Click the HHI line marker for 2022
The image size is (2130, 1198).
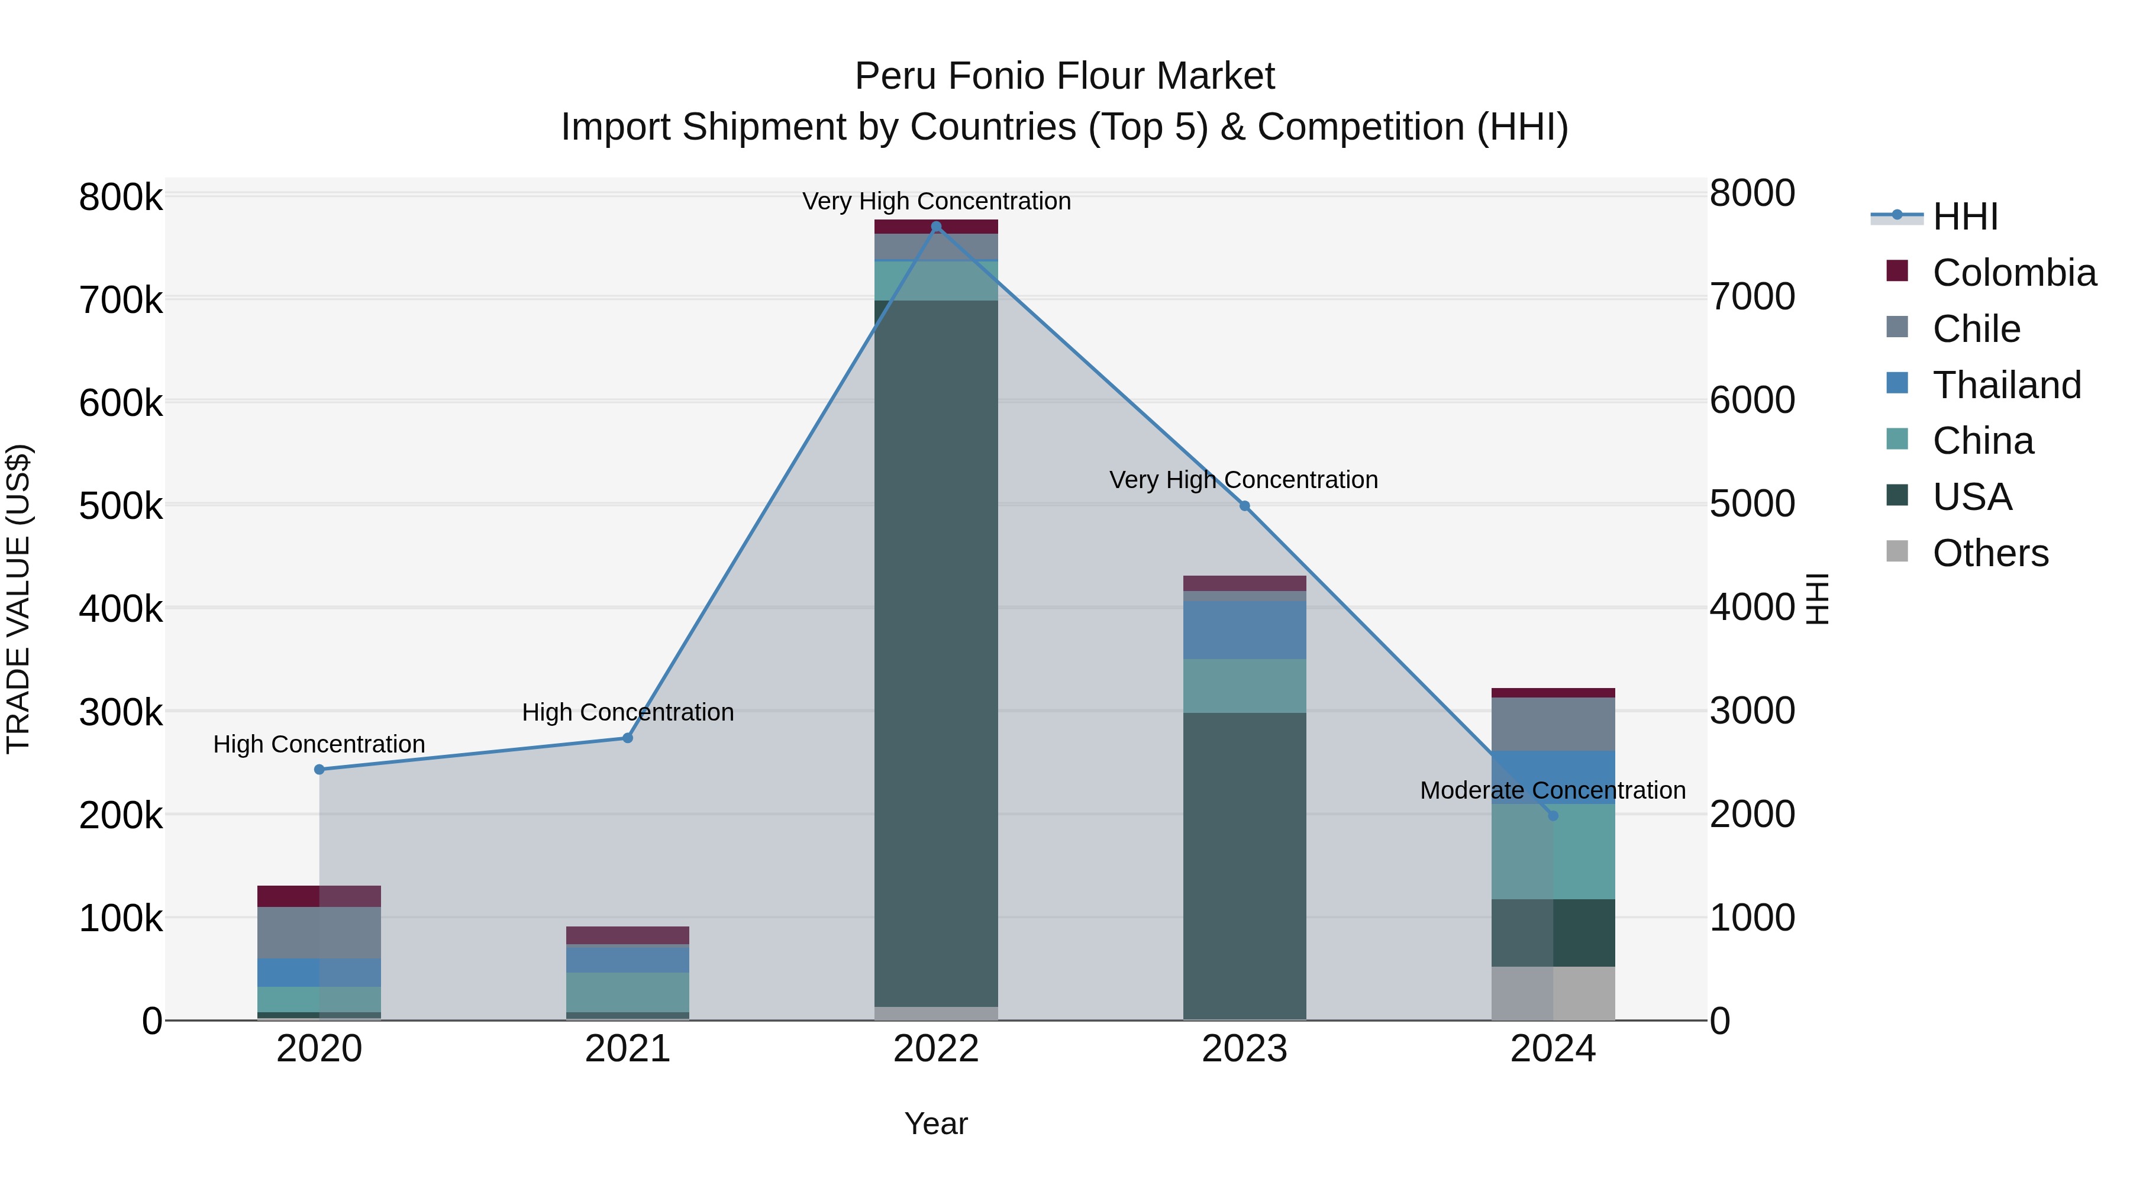point(936,227)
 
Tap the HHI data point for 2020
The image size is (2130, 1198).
point(319,770)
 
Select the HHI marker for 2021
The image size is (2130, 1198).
point(628,738)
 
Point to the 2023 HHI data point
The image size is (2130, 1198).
point(1244,506)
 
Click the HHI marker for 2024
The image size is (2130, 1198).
point(1553,816)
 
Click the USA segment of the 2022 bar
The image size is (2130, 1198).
point(936,653)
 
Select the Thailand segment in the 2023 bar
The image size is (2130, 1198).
point(1244,629)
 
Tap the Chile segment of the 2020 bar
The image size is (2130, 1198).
point(319,932)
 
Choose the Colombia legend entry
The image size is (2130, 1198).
point(2013,273)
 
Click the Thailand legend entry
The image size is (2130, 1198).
point(2006,385)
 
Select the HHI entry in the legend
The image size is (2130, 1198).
point(1964,217)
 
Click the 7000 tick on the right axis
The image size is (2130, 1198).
point(1752,297)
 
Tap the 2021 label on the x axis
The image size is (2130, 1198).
point(628,1049)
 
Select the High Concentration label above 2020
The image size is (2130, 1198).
point(319,744)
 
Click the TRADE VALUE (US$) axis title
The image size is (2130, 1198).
point(19,599)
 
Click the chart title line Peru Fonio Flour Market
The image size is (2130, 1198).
point(1064,76)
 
